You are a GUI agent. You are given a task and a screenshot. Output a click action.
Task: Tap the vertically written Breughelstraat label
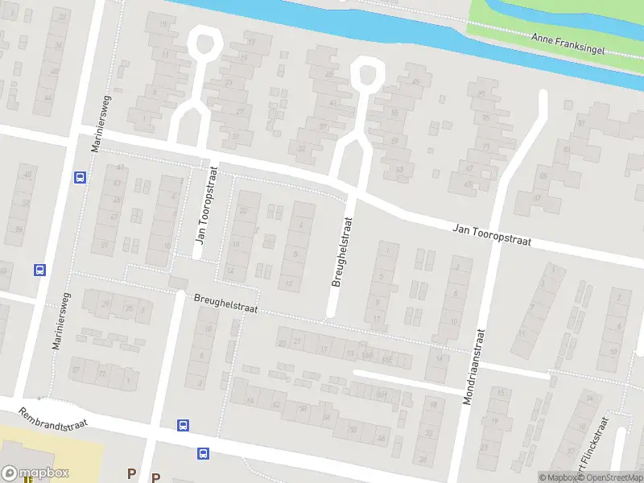pyautogui.click(x=343, y=250)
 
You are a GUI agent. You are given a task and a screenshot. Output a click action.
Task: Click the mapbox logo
pyautogui.click(x=35, y=473)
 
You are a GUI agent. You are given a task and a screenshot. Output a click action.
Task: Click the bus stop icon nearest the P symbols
pyautogui.click(x=202, y=454)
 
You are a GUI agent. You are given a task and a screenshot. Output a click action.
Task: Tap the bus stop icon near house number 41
pyautogui.click(x=80, y=177)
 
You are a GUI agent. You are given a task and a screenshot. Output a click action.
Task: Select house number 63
pyautogui.click(x=399, y=170)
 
